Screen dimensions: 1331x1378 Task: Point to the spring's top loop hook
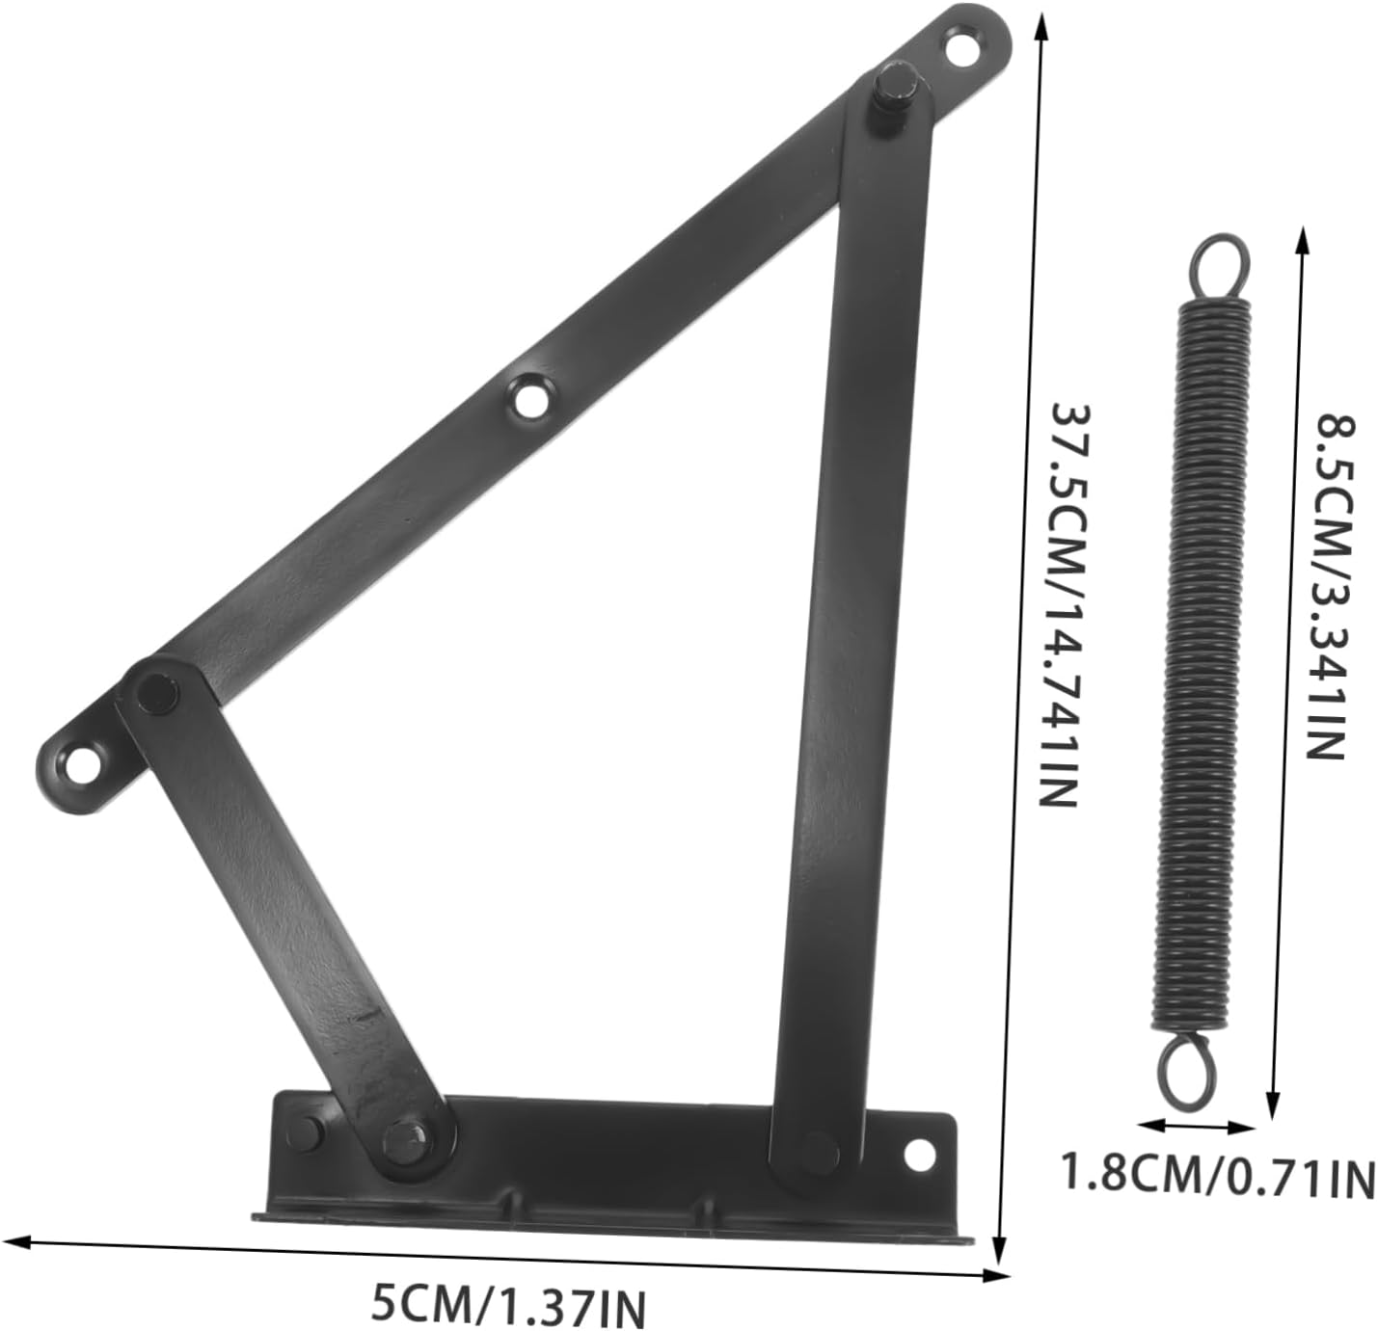pos(1218,268)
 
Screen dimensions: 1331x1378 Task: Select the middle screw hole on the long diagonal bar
pos(528,398)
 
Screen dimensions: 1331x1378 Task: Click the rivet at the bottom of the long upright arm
pos(819,1149)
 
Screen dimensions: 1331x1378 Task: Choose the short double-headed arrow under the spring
pos(1196,1125)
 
